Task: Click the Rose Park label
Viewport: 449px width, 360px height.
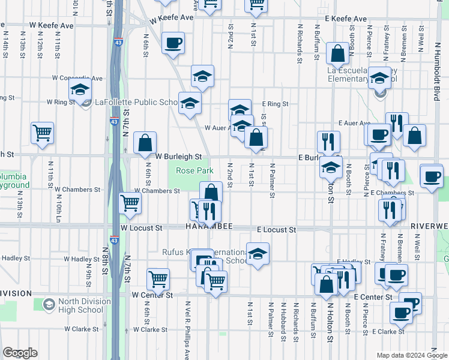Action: tap(194, 171)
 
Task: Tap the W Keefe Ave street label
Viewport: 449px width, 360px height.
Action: tap(172, 18)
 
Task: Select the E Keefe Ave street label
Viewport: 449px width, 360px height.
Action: tap(346, 19)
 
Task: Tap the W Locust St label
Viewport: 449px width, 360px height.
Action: tap(141, 229)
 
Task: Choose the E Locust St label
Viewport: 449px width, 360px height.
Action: tap(276, 230)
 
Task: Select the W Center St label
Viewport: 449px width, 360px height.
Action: tap(152, 295)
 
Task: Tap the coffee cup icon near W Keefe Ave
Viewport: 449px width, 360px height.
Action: tap(173, 43)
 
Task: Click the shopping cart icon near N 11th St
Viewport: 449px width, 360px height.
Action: tap(42, 133)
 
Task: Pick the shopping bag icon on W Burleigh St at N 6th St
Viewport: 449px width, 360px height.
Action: tap(145, 143)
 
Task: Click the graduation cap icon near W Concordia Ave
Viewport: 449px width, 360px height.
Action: tap(80, 91)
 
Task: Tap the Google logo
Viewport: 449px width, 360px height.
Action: tap(20, 353)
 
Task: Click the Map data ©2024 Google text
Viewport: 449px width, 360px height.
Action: tap(411, 355)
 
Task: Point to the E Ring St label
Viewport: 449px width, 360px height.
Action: tap(275, 104)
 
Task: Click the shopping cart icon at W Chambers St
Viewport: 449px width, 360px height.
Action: tap(130, 203)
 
